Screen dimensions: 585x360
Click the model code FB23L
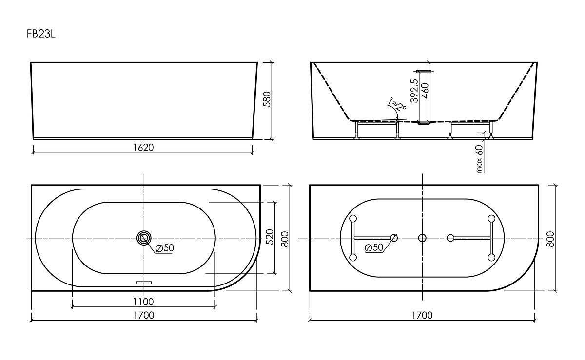pyautogui.click(x=41, y=34)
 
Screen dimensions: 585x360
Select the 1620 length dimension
pyautogui.click(x=143, y=148)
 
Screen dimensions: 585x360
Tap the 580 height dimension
pyautogui.click(x=267, y=99)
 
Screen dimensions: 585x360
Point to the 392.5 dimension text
pyautogui.click(x=414, y=91)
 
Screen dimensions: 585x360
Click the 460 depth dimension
pyautogui.click(x=425, y=91)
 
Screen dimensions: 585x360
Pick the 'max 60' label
pyautogui.click(x=479, y=159)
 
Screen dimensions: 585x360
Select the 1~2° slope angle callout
pyautogui.click(x=397, y=104)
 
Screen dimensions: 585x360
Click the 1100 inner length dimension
pyautogui.click(x=143, y=302)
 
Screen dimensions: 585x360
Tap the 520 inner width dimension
pyautogui.click(x=270, y=237)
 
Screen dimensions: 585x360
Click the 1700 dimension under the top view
pyautogui.click(x=144, y=315)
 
